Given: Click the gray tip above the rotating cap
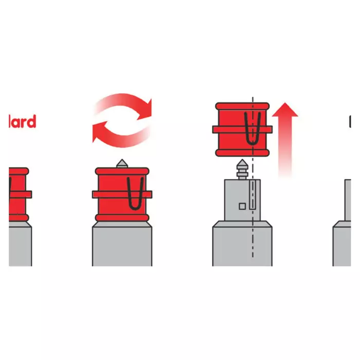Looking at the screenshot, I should [122, 163].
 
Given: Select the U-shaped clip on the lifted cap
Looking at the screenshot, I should [250, 129].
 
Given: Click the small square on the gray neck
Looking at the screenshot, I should [242, 206].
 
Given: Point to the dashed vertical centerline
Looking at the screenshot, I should [253, 242].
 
